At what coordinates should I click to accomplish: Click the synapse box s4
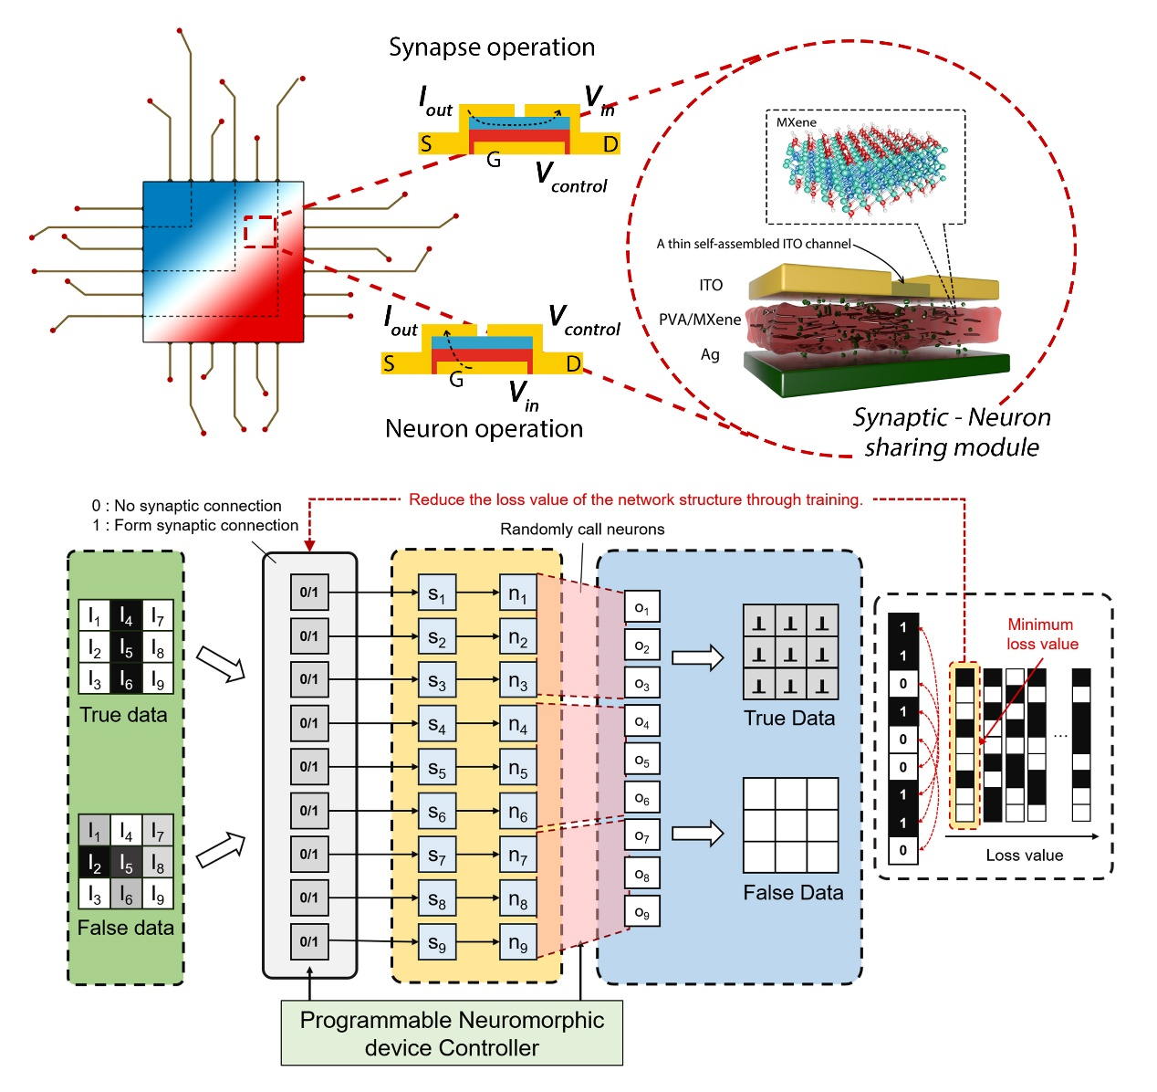[437, 724]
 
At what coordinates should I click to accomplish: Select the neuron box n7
[517, 856]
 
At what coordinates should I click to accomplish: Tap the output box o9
[642, 912]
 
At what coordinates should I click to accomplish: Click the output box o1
[642, 607]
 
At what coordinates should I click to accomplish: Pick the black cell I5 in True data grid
[126, 648]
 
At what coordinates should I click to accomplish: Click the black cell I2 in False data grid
[95, 862]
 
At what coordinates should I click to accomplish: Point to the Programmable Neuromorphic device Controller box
[452, 1034]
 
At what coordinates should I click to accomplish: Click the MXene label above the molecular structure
[797, 122]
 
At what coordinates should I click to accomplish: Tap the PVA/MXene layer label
[700, 320]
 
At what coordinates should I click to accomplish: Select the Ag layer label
[710, 354]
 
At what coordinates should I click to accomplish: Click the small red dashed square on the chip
[260, 231]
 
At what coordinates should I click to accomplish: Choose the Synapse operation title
[492, 47]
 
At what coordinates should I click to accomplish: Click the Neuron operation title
[484, 428]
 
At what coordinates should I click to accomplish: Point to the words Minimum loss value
[1042, 635]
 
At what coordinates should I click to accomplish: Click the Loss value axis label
[1024, 856]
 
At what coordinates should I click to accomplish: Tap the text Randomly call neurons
[582, 530]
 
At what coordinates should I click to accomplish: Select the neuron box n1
[517, 593]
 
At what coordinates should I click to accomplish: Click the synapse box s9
[437, 942]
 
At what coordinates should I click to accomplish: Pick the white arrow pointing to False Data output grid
[697, 833]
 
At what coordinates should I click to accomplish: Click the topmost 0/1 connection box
[309, 593]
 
